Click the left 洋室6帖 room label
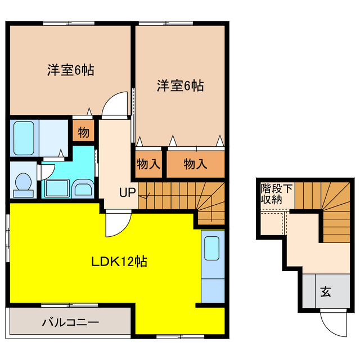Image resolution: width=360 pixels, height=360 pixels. click(70, 70)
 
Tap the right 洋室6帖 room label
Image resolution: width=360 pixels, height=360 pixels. click(180, 86)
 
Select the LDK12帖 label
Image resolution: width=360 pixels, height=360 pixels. click(120, 262)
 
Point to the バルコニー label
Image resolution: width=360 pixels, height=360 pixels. click(71, 323)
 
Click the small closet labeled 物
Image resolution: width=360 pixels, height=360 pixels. click(83, 133)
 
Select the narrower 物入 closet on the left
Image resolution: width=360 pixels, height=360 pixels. click(149, 164)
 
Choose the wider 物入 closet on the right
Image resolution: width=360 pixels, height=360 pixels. click(196, 164)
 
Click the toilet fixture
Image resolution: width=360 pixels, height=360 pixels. click(23, 183)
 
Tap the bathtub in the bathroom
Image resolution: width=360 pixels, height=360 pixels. click(25, 137)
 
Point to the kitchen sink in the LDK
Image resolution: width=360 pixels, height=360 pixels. click(212, 249)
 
